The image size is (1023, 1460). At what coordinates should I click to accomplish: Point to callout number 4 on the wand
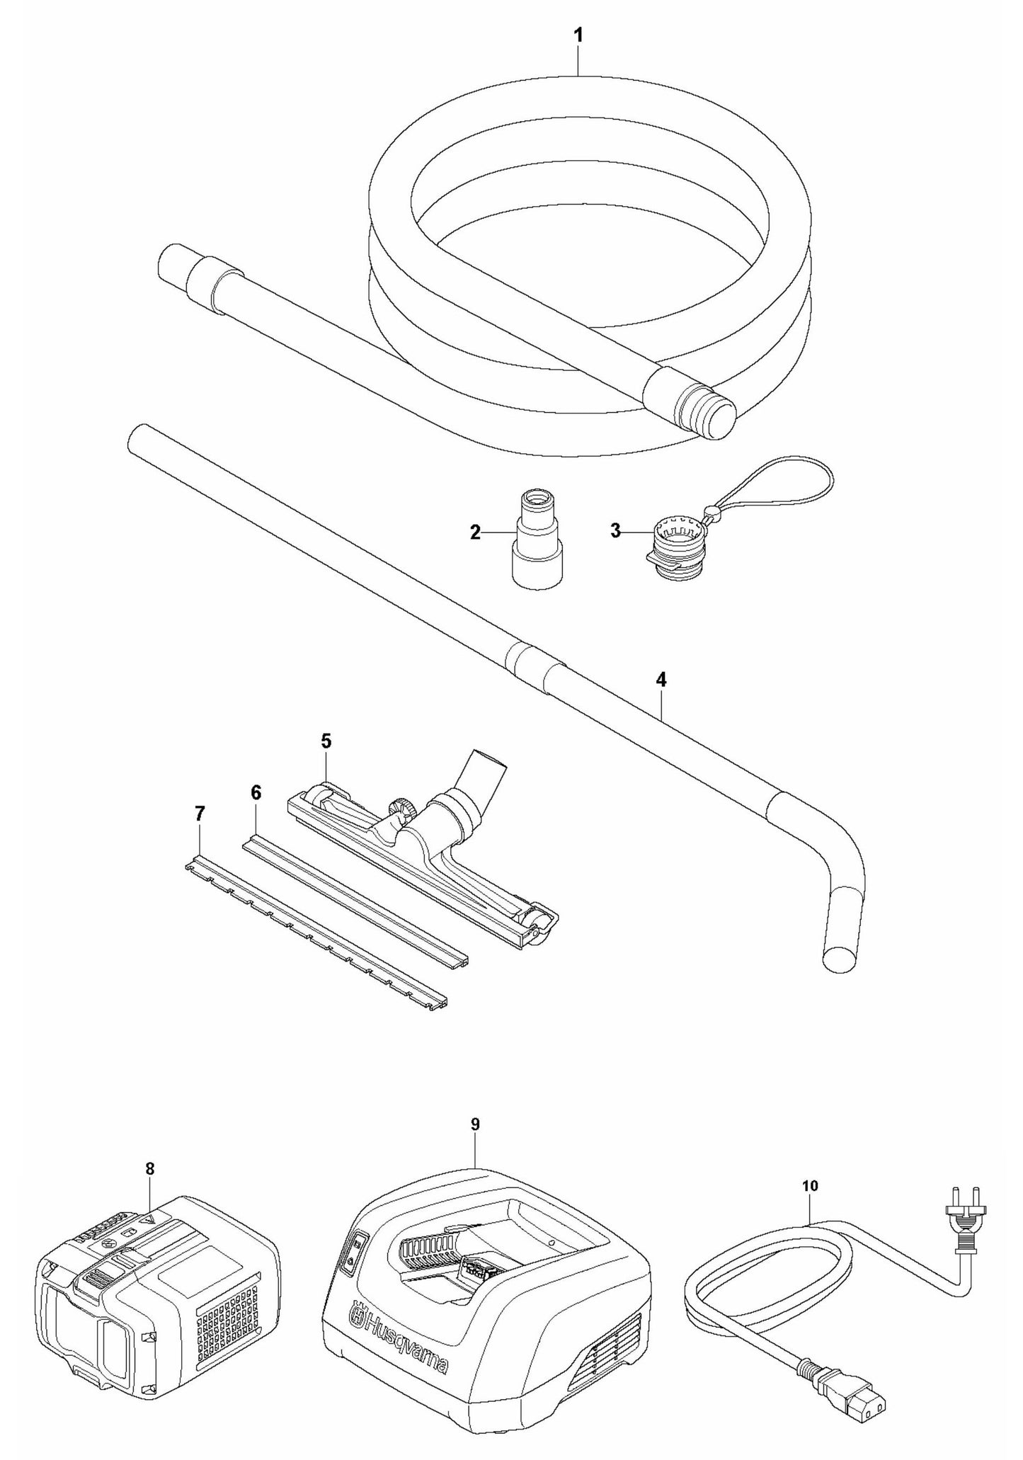pos(661,680)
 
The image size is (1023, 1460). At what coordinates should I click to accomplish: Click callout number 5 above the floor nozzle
pos(326,741)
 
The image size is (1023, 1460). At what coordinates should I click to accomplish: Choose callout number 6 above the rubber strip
pos(256,792)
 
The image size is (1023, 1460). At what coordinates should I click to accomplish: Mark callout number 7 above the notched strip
pos(200,814)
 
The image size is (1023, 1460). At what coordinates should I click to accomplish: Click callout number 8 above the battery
pos(149,1168)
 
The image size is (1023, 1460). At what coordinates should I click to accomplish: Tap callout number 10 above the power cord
pos(811,1185)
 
